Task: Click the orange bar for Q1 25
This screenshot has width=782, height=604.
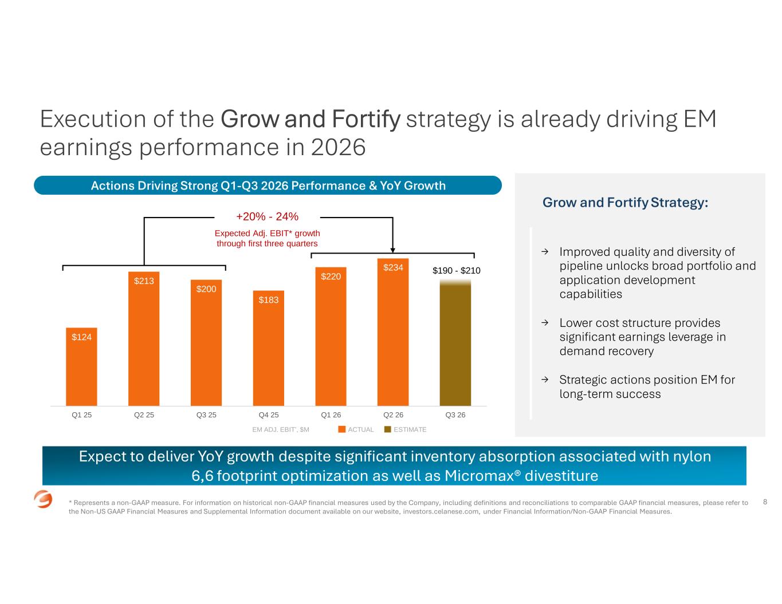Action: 81,366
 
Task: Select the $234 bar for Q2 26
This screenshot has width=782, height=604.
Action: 393,332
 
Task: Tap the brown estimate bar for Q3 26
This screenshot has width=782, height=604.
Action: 455,342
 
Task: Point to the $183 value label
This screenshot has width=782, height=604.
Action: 269,300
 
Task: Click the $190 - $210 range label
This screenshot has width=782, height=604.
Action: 457,270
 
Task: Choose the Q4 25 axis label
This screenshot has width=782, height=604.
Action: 269,415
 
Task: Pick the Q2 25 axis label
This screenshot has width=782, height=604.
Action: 144,415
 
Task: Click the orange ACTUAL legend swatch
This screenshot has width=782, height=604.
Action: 342,429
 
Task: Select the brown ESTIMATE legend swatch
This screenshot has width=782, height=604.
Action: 388,429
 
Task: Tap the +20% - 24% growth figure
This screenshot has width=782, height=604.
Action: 267,216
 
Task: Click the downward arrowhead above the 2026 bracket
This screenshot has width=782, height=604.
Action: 392,250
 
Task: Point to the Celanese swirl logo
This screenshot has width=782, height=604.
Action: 43,499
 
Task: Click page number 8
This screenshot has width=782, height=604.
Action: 765,502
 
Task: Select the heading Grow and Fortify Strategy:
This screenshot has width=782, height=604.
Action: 625,203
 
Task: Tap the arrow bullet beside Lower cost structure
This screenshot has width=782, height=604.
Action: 545,322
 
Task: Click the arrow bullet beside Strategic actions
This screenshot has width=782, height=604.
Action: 545,380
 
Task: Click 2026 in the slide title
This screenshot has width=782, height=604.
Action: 338,147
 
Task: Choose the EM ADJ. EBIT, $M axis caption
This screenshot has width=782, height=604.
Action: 281,429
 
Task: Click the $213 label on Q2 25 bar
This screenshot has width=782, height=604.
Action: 144,281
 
